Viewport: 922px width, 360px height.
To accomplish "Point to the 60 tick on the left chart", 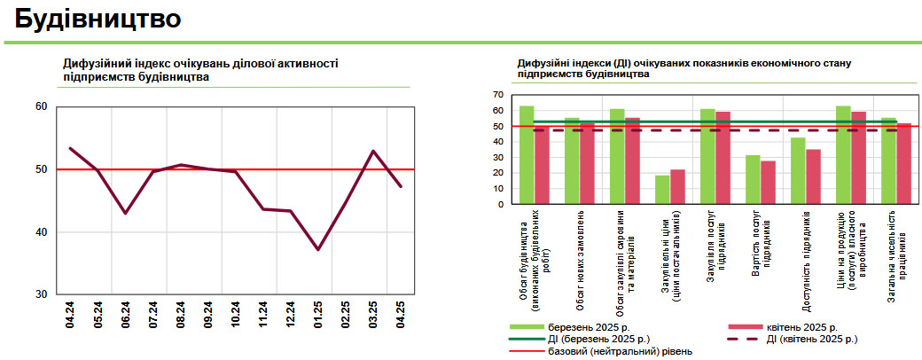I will coord(41,106).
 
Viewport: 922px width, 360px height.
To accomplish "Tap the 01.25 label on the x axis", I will coord(317,317).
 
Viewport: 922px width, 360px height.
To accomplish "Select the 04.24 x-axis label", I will coord(70,317).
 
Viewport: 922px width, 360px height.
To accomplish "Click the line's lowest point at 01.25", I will coord(317,249).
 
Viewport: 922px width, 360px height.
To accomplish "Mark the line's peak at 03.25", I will coord(373,151).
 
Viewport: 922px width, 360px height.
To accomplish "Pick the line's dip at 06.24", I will coord(126,213).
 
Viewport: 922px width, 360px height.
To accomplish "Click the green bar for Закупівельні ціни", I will coord(662,190).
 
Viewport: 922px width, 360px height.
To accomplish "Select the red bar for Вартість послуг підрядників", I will coord(768,182).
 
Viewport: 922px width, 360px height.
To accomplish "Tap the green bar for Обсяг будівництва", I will coord(527,155).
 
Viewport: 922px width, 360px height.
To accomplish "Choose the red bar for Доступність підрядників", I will coord(814,176).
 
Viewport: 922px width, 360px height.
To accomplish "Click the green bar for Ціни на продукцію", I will coord(843,155).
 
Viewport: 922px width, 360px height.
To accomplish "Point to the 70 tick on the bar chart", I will coord(497,94).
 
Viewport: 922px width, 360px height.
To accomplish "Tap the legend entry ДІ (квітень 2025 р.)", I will coord(811,339).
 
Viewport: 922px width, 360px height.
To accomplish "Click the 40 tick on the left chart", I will coord(41,232).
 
